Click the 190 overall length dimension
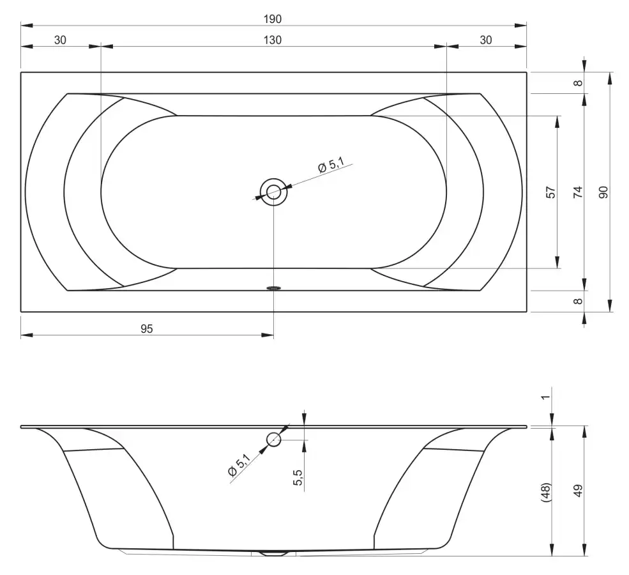(273, 19)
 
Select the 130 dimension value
(273, 40)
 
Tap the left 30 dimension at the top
(60, 40)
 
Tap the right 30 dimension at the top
(485, 40)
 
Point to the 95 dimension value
(147, 329)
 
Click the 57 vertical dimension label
(551, 192)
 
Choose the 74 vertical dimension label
(578, 192)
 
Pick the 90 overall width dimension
(603, 192)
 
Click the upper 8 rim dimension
(578, 83)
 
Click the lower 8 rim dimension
(578, 301)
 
